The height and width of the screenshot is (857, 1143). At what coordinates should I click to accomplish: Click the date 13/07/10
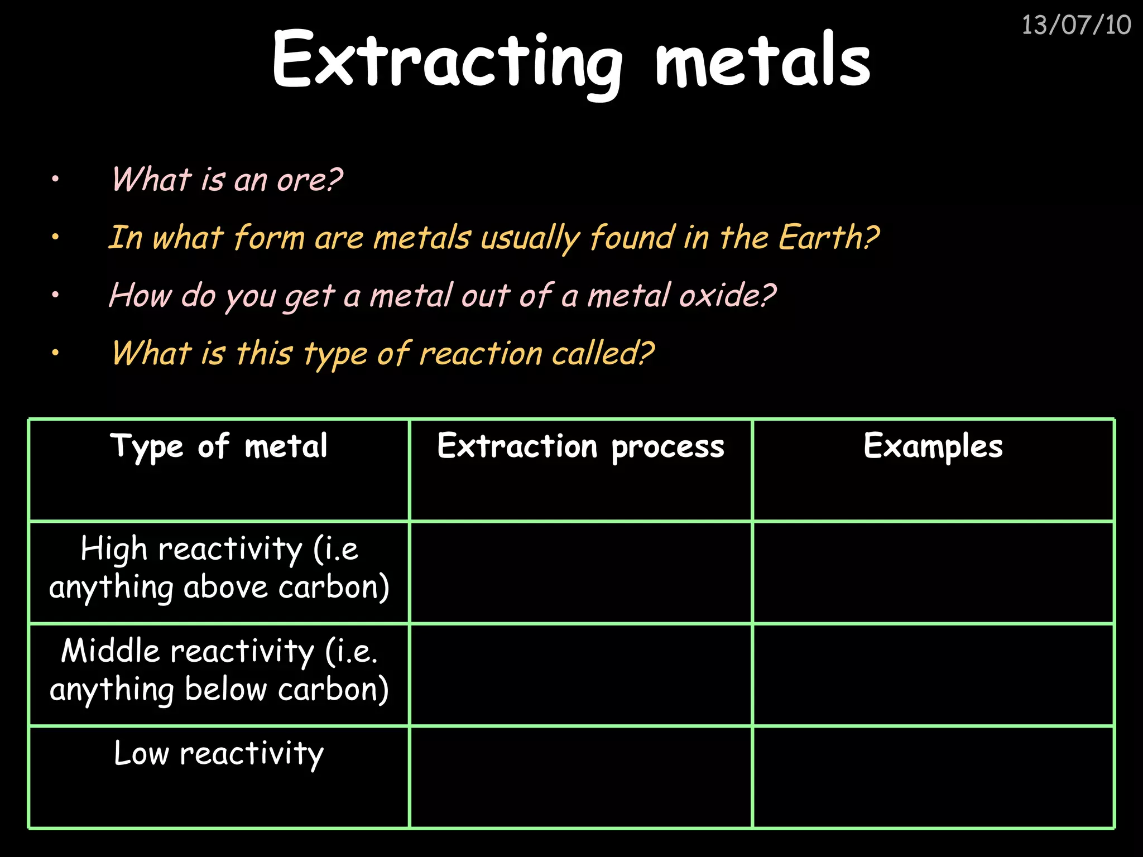(1075, 26)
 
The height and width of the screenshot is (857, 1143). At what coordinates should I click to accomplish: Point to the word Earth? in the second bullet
(828, 238)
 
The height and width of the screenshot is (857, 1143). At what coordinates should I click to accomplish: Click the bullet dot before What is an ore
(55, 180)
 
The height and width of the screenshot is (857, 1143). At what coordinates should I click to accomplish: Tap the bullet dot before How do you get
(55, 295)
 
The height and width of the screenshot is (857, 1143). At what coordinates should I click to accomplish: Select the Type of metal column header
(219, 446)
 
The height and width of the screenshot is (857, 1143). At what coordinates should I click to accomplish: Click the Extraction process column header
(580, 446)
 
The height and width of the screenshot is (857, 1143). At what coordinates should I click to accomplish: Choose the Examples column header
(933, 446)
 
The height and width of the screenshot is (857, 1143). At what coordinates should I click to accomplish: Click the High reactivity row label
(219, 568)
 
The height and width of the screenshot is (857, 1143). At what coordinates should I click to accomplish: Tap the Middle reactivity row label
(219, 670)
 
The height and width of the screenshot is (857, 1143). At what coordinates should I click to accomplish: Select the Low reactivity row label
(219, 753)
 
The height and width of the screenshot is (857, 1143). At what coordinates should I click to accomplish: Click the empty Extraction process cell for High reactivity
(580, 572)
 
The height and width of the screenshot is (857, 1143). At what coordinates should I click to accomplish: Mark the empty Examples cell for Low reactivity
(933, 777)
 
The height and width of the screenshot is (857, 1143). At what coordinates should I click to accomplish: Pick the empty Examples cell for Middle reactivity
(933, 675)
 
